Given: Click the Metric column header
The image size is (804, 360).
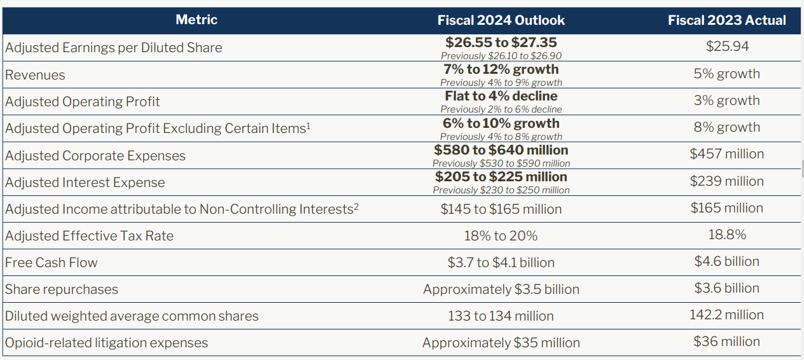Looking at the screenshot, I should pyautogui.click(x=197, y=20).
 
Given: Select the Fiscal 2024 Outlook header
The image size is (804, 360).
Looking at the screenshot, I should pyautogui.click(x=501, y=20).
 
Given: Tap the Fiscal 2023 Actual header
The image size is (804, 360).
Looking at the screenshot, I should pyautogui.click(x=726, y=20).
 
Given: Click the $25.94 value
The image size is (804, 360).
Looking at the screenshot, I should pyautogui.click(x=727, y=46).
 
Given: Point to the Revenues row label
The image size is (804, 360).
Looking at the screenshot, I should pyautogui.click(x=36, y=75).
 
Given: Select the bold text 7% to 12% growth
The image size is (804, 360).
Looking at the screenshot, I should pyautogui.click(x=501, y=69).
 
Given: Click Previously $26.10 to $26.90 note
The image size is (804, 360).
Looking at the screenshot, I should pyautogui.click(x=501, y=56).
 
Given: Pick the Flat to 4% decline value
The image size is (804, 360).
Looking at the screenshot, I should pyautogui.click(x=501, y=96).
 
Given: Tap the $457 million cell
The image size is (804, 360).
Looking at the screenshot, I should pyautogui.click(x=726, y=154).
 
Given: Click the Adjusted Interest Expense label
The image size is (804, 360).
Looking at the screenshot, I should pyautogui.click(x=85, y=183).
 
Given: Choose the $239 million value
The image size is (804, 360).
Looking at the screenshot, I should pyautogui.click(x=726, y=181).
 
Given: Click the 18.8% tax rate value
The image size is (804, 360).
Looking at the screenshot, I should pyautogui.click(x=727, y=235).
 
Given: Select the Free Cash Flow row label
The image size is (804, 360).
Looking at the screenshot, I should pyautogui.click(x=52, y=263).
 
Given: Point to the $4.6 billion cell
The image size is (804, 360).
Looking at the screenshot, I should pyautogui.click(x=726, y=261).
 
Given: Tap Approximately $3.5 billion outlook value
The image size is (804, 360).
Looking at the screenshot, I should pyautogui.click(x=501, y=289).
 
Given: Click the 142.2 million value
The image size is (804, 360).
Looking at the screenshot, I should pyautogui.click(x=726, y=315).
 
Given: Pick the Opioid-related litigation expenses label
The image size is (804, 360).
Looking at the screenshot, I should pyautogui.click(x=107, y=343).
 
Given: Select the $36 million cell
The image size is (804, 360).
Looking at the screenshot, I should pyautogui.click(x=726, y=342).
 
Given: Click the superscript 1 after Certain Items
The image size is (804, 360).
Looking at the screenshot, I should pyautogui.click(x=308, y=125).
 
